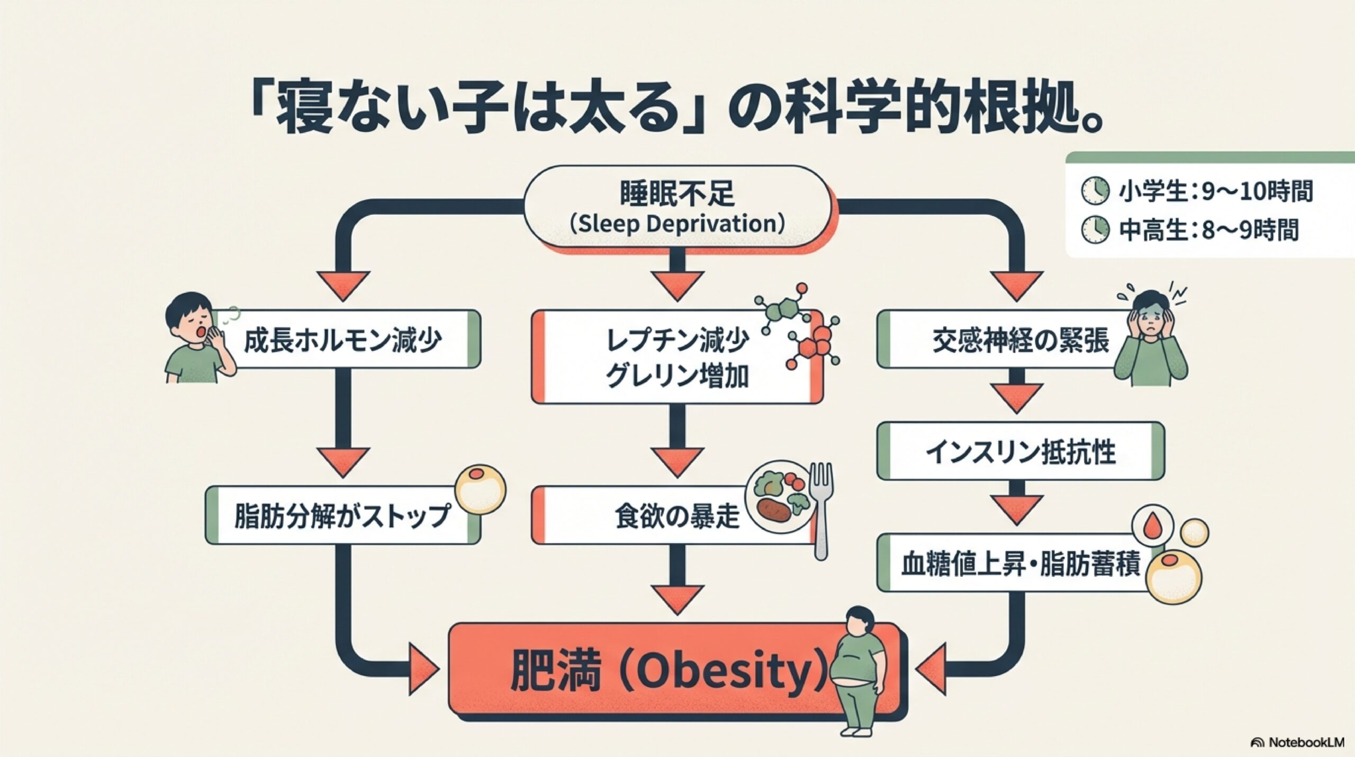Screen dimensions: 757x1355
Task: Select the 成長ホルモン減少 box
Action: coord(343,340)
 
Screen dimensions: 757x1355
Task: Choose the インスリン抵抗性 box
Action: coord(1020,451)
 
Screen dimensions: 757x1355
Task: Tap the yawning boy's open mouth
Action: coord(202,332)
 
